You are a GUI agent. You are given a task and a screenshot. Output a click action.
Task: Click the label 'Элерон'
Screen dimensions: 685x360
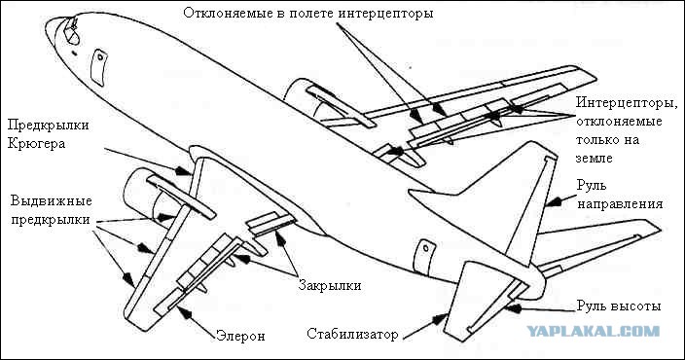(240, 337)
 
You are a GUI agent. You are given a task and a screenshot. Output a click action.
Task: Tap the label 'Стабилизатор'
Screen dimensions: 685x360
(352, 335)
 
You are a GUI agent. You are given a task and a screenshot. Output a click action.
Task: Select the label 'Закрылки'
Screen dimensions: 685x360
(330, 286)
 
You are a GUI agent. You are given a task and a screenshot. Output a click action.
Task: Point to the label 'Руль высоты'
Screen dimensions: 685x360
(619, 306)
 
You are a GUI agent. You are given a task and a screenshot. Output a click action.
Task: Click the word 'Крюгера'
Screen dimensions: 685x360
(36, 144)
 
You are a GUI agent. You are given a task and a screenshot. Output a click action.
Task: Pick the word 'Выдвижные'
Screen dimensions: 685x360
(52, 201)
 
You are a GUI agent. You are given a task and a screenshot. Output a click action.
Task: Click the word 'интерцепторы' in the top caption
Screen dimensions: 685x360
(385, 14)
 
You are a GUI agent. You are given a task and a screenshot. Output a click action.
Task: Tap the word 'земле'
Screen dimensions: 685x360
(595, 159)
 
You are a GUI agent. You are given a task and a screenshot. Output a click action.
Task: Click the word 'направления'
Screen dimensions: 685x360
(621, 204)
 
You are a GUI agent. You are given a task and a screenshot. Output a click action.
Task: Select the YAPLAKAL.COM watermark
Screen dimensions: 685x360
(593, 331)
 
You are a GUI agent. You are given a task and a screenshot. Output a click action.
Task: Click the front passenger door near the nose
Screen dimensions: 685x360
(98, 67)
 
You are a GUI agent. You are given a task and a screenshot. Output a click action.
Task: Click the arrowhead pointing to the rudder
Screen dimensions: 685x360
(554, 201)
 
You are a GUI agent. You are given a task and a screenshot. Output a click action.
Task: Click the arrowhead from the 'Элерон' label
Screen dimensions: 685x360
(184, 312)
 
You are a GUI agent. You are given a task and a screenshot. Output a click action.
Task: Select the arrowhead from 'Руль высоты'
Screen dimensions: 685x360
(514, 308)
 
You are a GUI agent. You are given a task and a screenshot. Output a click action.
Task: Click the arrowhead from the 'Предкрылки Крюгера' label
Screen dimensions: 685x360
(183, 170)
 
